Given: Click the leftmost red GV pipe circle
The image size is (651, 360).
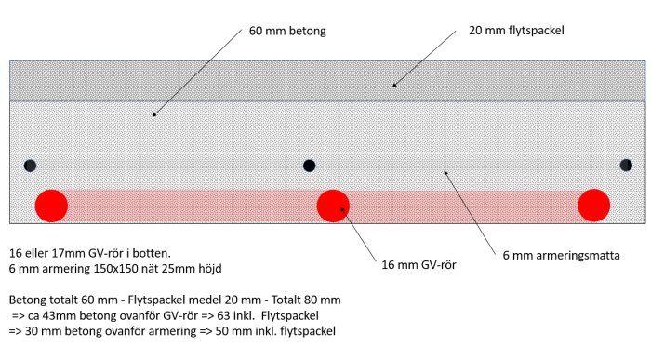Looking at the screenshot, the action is (x=51, y=206).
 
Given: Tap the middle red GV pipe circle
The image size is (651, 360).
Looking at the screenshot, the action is (x=332, y=206).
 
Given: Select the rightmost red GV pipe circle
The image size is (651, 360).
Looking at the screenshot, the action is (x=593, y=206).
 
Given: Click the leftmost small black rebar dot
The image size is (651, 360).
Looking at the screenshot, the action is (x=31, y=166).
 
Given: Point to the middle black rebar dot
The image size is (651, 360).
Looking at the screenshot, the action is (x=310, y=166).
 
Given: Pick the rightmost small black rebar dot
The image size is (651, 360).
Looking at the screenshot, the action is (x=626, y=166).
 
